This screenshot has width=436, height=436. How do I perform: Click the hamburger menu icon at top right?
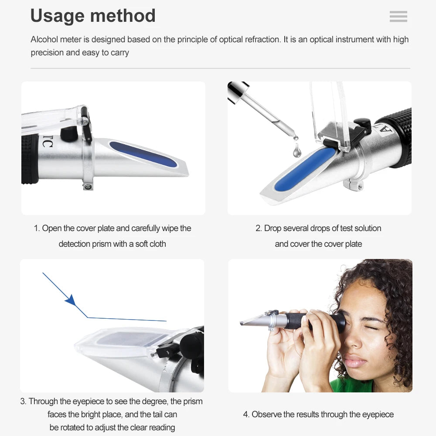coord(398,17)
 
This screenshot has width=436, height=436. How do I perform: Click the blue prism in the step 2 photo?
coord(305,169)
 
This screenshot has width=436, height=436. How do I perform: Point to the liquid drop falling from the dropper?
coord(297,151)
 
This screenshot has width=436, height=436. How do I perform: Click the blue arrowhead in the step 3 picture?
coord(70,300)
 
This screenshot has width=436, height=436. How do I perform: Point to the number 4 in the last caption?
coord(245,414)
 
